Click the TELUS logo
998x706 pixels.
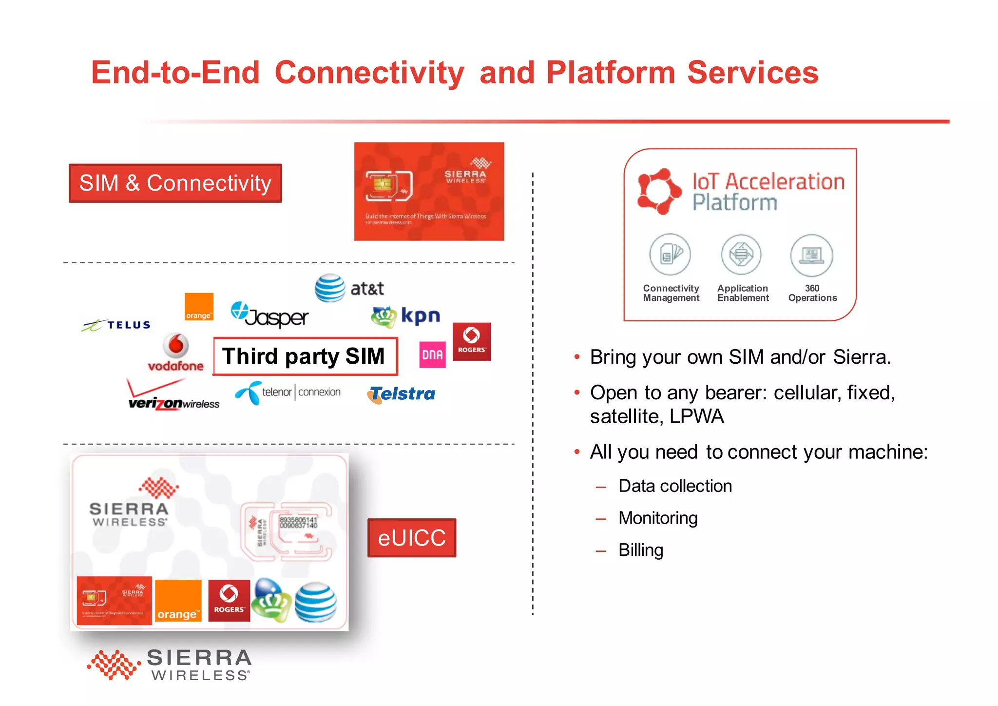(117, 325)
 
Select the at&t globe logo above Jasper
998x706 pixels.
(330, 288)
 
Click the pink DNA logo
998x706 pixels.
(432, 354)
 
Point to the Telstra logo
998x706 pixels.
(402, 394)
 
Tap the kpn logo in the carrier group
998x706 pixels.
(405, 316)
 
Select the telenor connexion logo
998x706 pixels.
(288, 392)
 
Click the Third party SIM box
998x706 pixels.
(305, 356)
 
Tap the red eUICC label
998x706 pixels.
(411, 538)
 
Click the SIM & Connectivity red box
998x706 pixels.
(175, 183)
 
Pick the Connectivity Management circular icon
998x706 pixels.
(670, 255)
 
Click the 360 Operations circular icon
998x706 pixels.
(811, 255)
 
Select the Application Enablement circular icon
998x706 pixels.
(741, 255)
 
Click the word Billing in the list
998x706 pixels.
(640, 550)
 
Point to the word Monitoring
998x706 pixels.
(658, 518)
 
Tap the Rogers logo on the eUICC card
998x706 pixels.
(229, 600)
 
